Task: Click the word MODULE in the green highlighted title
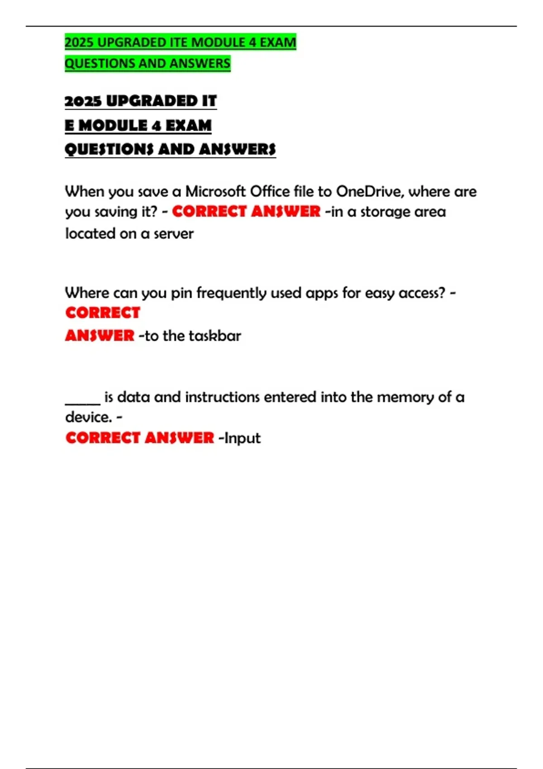tap(219, 42)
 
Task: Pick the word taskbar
tap(215, 336)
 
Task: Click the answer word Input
tap(243, 438)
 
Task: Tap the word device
tap(88, 417)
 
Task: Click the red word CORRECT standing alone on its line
tap(103, 313)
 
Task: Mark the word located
tap(90, 234)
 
